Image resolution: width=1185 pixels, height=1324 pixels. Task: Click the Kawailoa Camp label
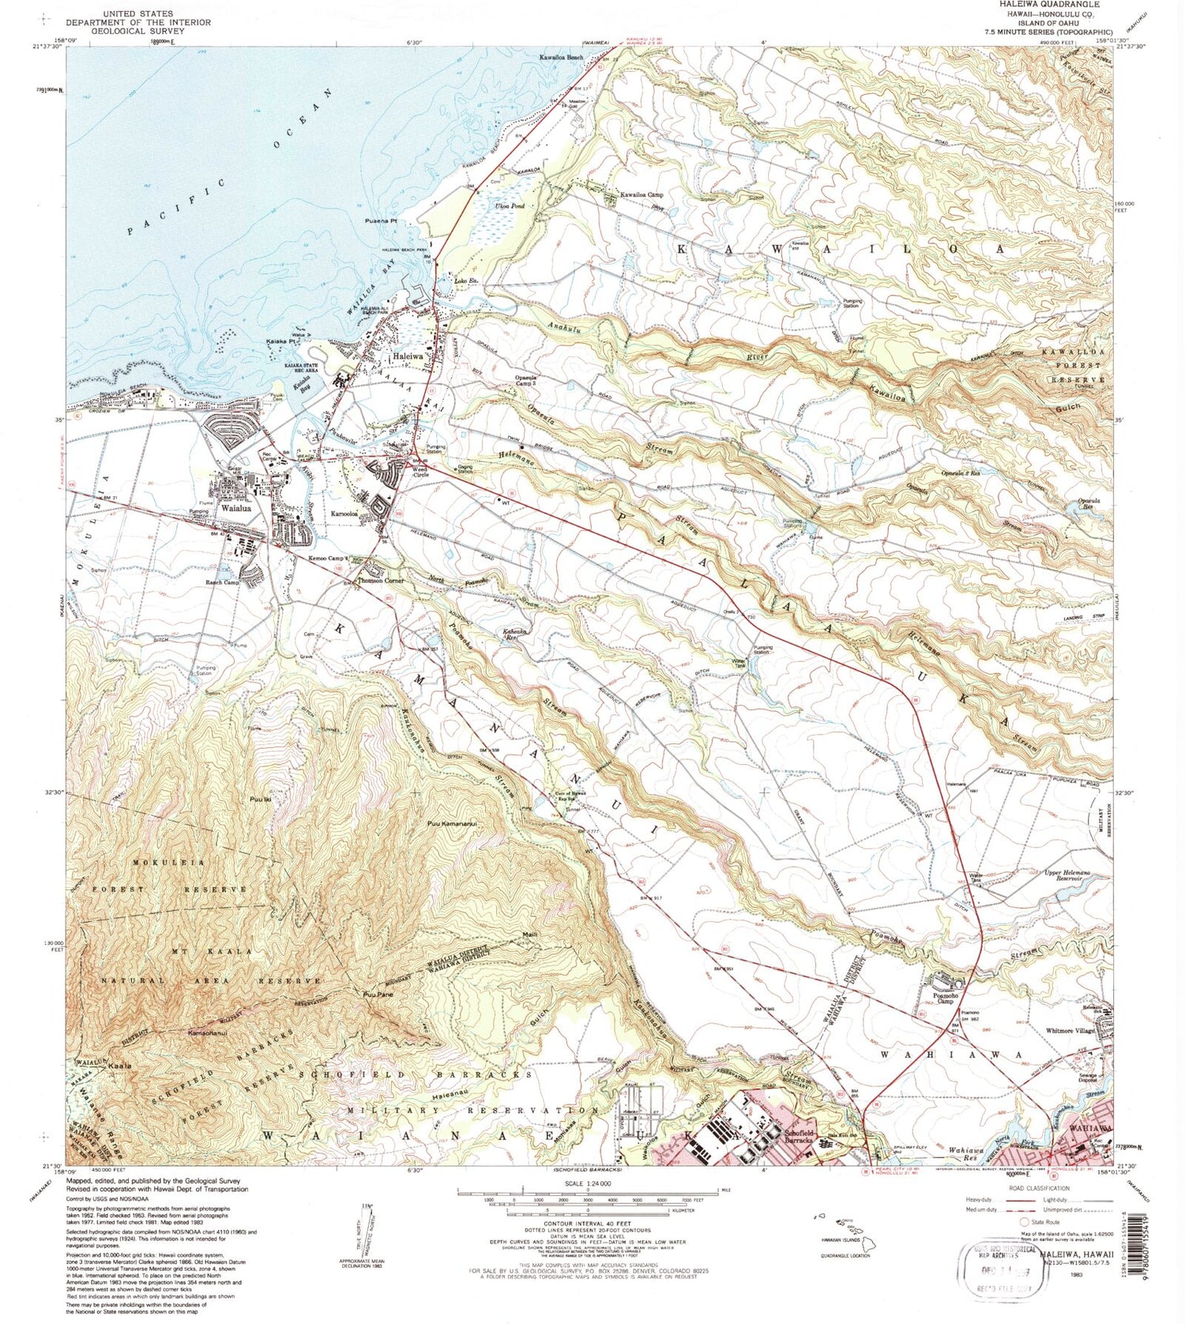pos(641,194)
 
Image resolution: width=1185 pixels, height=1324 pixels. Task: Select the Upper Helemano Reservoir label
pos(1072,874)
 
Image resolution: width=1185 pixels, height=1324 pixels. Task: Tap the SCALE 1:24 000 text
pos(588,1183)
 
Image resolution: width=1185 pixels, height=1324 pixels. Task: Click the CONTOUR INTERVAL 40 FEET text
pos(588,1222)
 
